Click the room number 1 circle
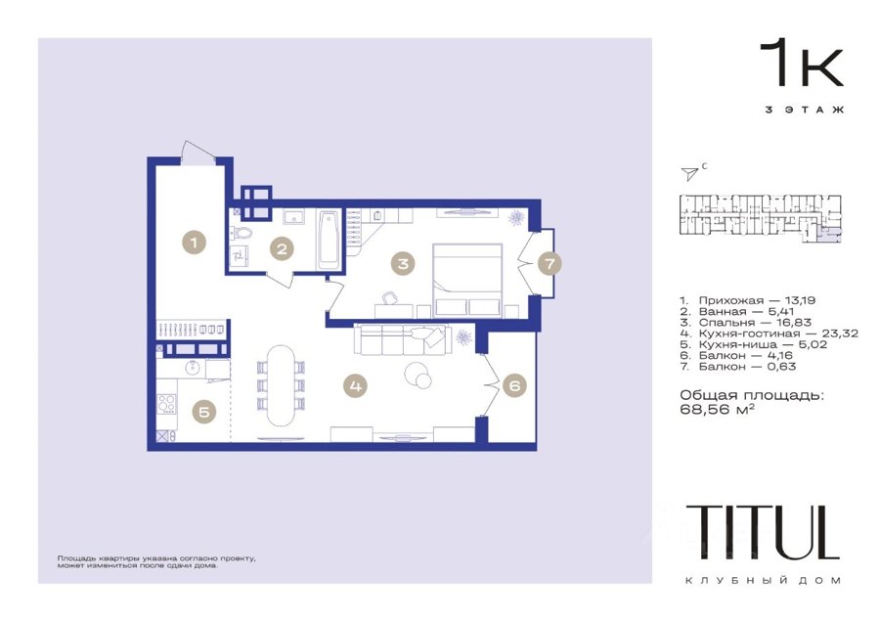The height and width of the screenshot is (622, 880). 195,244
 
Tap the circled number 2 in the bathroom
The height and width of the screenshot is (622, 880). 282,248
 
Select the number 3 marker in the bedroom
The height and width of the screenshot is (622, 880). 403,263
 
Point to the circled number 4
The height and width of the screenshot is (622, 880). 355,385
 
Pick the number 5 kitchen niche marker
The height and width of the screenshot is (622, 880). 204,412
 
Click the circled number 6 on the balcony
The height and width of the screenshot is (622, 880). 514,385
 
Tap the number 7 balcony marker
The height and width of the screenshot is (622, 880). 550,263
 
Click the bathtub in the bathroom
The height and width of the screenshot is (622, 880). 329,240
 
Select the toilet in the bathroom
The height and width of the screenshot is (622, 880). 242,232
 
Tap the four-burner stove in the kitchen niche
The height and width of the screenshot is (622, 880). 166,404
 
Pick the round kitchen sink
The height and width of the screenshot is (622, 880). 193,367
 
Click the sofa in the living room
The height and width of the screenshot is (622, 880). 403,339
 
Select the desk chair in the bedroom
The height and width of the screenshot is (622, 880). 390,297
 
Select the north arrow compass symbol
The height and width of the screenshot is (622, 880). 689,174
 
